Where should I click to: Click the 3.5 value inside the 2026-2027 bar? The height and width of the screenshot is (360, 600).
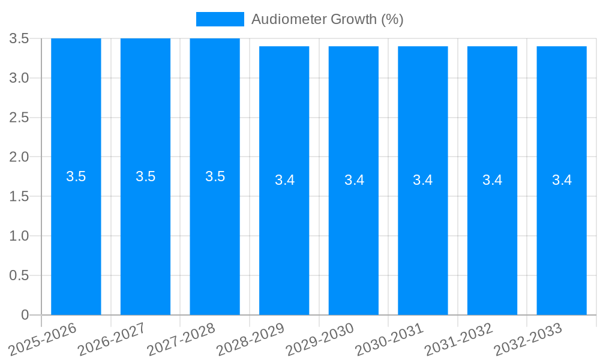click(145, 176)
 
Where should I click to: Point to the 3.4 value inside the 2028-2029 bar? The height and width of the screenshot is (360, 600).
click(284, 180)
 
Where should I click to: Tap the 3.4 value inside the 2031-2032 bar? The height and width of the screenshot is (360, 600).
click(492, 180)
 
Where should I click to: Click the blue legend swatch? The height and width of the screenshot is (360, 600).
click(220, 19)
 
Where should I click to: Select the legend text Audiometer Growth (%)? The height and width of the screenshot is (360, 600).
click(327, 19)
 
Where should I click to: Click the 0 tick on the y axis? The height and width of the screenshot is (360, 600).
click(25, 315)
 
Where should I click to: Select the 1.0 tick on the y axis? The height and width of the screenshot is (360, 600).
click(19, 236)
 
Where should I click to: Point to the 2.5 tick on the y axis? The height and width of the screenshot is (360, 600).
click(19, 118)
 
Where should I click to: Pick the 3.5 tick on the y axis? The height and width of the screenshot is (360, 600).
click(19, 39)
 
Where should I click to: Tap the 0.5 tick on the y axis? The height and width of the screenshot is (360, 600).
click(19, 275)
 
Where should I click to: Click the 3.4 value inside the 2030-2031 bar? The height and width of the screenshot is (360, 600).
click(423, 180)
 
